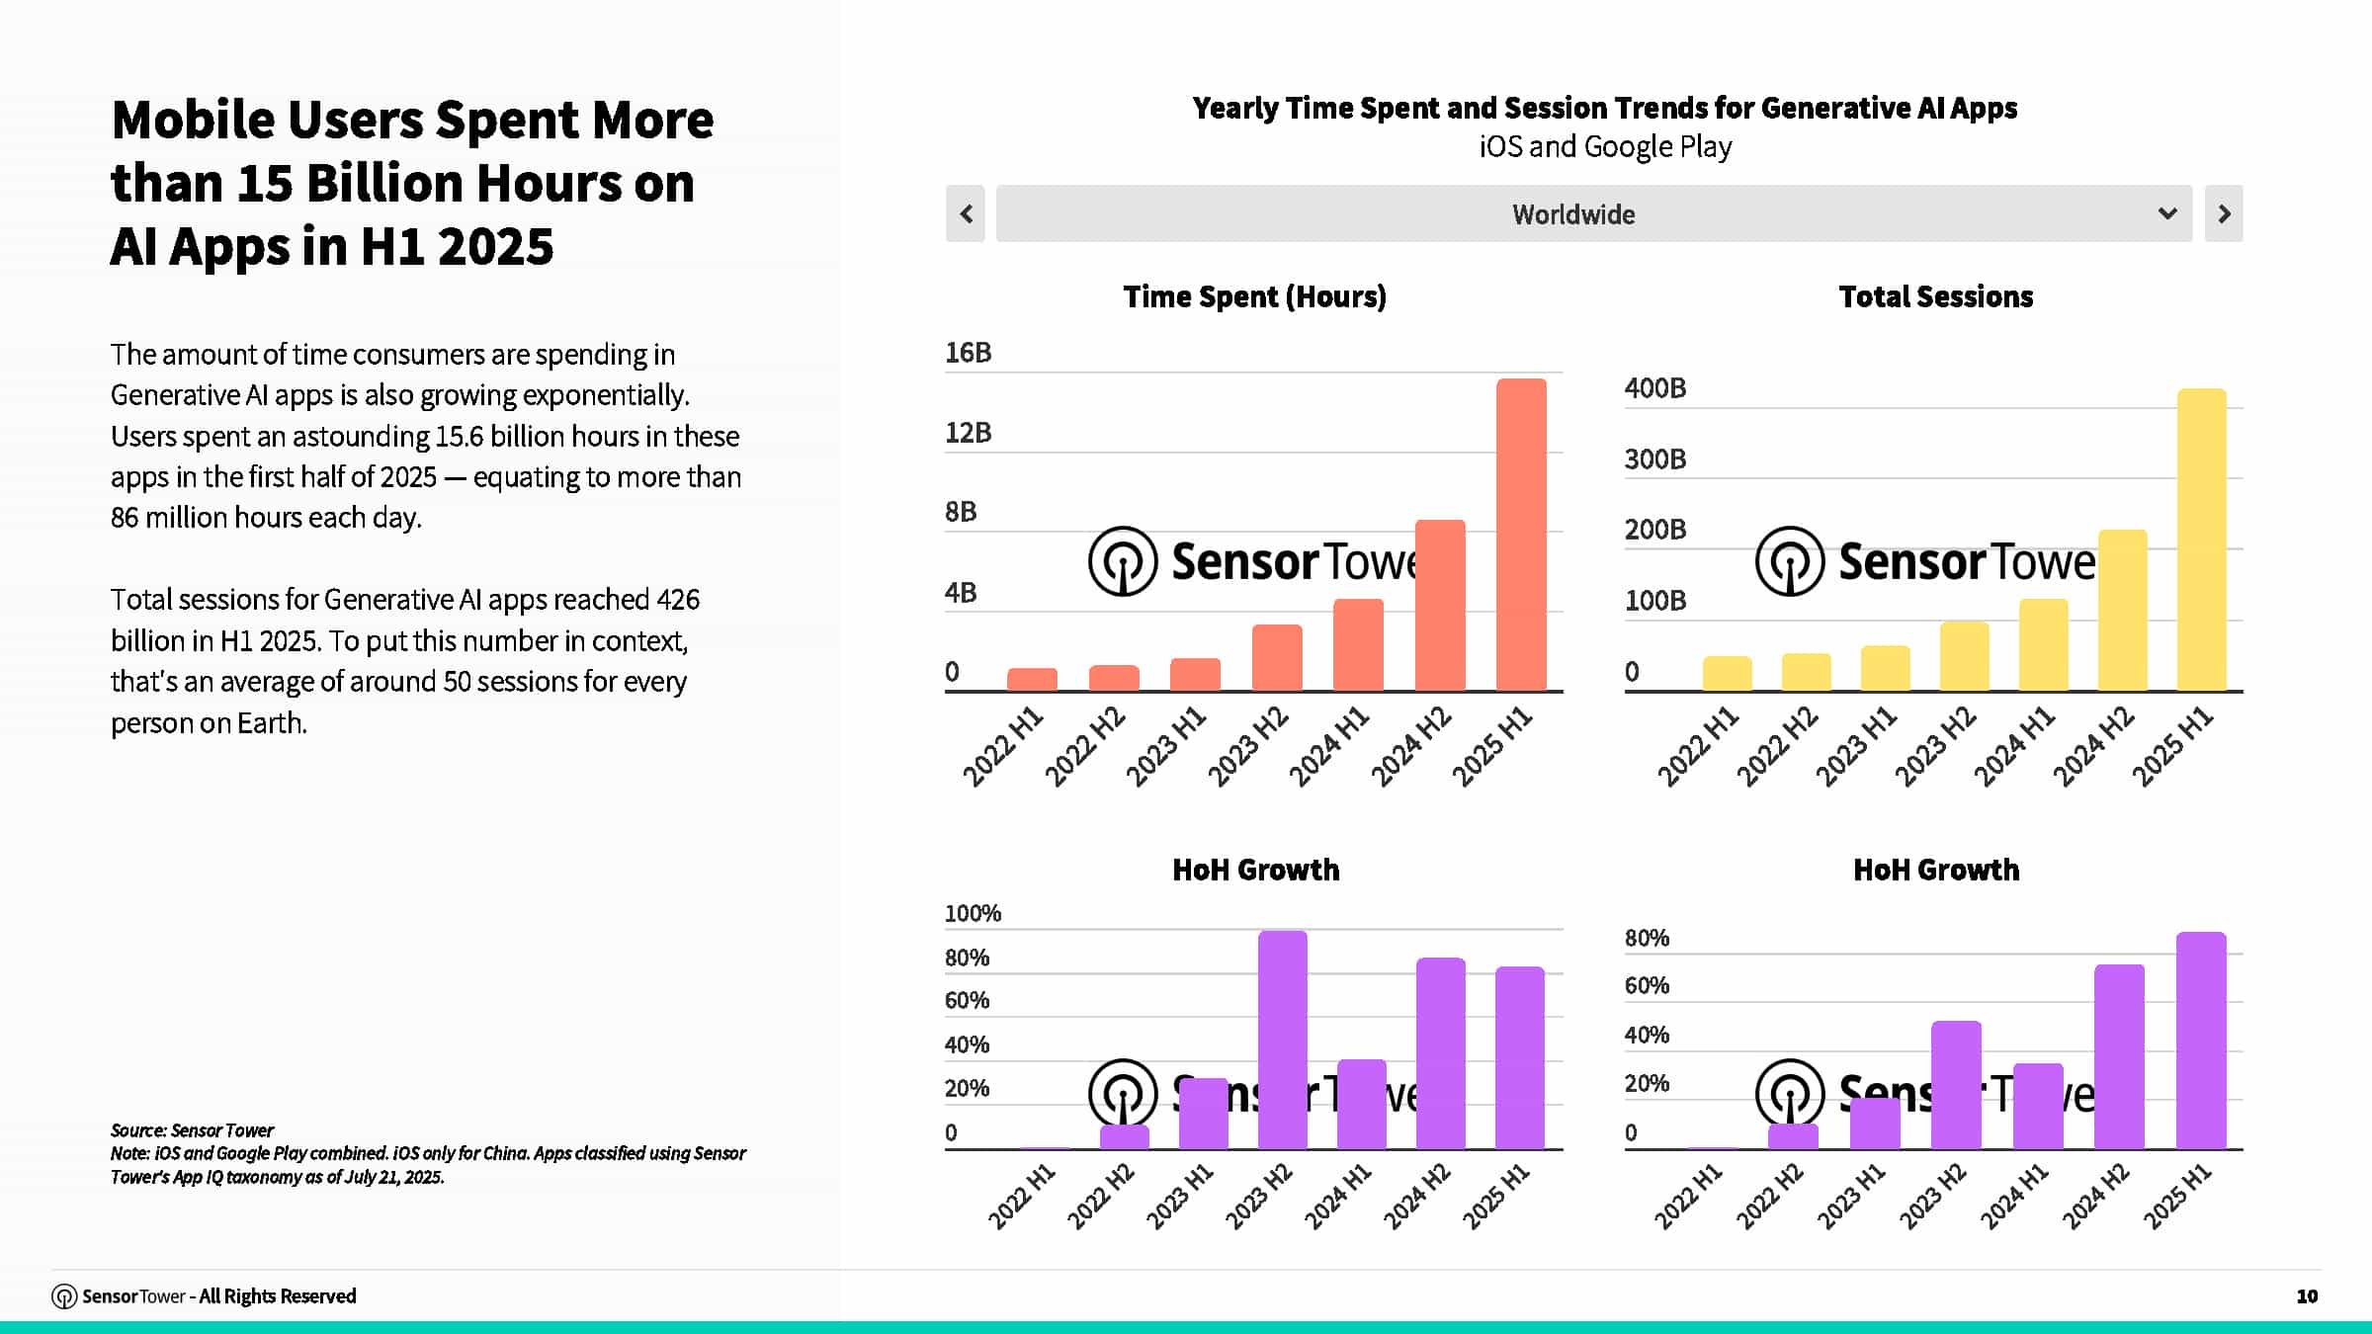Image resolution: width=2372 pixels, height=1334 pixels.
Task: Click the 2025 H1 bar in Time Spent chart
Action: point(1521,534)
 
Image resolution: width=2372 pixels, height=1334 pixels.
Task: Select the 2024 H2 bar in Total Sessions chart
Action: point(2122,610)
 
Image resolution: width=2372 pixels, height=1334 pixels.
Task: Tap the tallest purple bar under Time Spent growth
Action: point(1282,1040)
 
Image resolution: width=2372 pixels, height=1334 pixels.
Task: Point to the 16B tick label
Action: point(968,353)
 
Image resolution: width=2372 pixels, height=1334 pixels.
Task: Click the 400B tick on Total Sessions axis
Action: point(1655,388)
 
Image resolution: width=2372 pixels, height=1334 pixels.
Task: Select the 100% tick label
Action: point(973,913)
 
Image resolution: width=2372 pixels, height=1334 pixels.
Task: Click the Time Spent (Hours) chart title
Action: point(1254,296)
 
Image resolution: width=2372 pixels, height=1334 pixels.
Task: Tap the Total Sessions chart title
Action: point(1935,296)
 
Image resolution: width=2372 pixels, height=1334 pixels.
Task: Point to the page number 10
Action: point(2307,1295)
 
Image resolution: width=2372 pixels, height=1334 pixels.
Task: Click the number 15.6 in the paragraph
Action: point(459,436)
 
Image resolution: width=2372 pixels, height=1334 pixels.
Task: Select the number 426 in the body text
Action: point(678,599)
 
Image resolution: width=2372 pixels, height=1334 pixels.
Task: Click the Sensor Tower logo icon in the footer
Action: point(64,1296)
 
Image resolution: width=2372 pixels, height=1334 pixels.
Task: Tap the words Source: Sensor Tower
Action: point(192,1129)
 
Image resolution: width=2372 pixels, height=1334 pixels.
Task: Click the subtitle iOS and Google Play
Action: point(1604,146)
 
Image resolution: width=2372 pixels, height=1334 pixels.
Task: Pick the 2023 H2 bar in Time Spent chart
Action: point(1277,657)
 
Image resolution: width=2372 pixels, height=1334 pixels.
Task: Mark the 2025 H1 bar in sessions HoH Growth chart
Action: point(2201,1040)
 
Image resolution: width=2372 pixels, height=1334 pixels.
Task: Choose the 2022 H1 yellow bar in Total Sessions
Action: point(1727,673)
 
